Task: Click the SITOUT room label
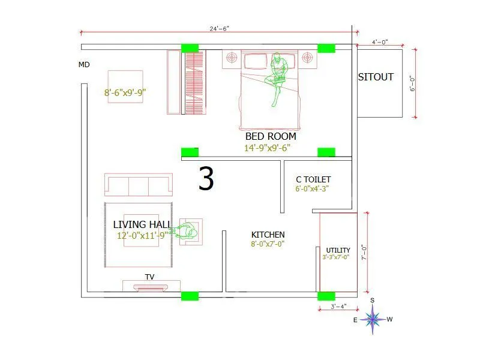[x=376, y=77]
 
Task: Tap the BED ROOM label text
[x=271, y=136]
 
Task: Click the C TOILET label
[x=313, y=179]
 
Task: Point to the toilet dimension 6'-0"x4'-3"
[x=312, y=188]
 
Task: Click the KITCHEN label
[x=268, y=235]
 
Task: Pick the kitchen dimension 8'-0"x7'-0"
[x=267, y=244]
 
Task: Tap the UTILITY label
[x=338, y=250]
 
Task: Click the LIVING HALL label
[x=142, y=224]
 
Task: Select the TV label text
[x=150, y=277]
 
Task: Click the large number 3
[x=206, y=179]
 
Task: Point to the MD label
[x=84, y=65]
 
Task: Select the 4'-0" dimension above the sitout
[x=380, y=42]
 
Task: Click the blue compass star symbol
[x=373, y=319]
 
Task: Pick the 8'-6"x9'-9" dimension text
[x=125, y=92]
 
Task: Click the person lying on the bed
[x=278, y=78]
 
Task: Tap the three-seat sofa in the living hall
[x=139, y=185]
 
